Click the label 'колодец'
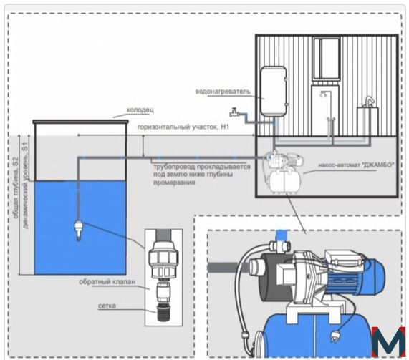point(140,110)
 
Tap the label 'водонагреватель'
point(223,92)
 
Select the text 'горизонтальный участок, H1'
point(183,127)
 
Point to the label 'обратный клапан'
point(107,282)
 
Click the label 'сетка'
point(107,306)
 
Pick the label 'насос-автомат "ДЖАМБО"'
point(356,165)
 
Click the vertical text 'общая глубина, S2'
point(16,188)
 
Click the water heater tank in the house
point(273,91)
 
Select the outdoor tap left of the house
point(234,112)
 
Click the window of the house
point(327,59)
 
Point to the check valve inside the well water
point(79,230)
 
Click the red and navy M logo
point(388,341)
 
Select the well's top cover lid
point(81,122)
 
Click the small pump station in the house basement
point(283,172)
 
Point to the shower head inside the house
point(324,94)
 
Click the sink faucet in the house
point(369,102)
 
